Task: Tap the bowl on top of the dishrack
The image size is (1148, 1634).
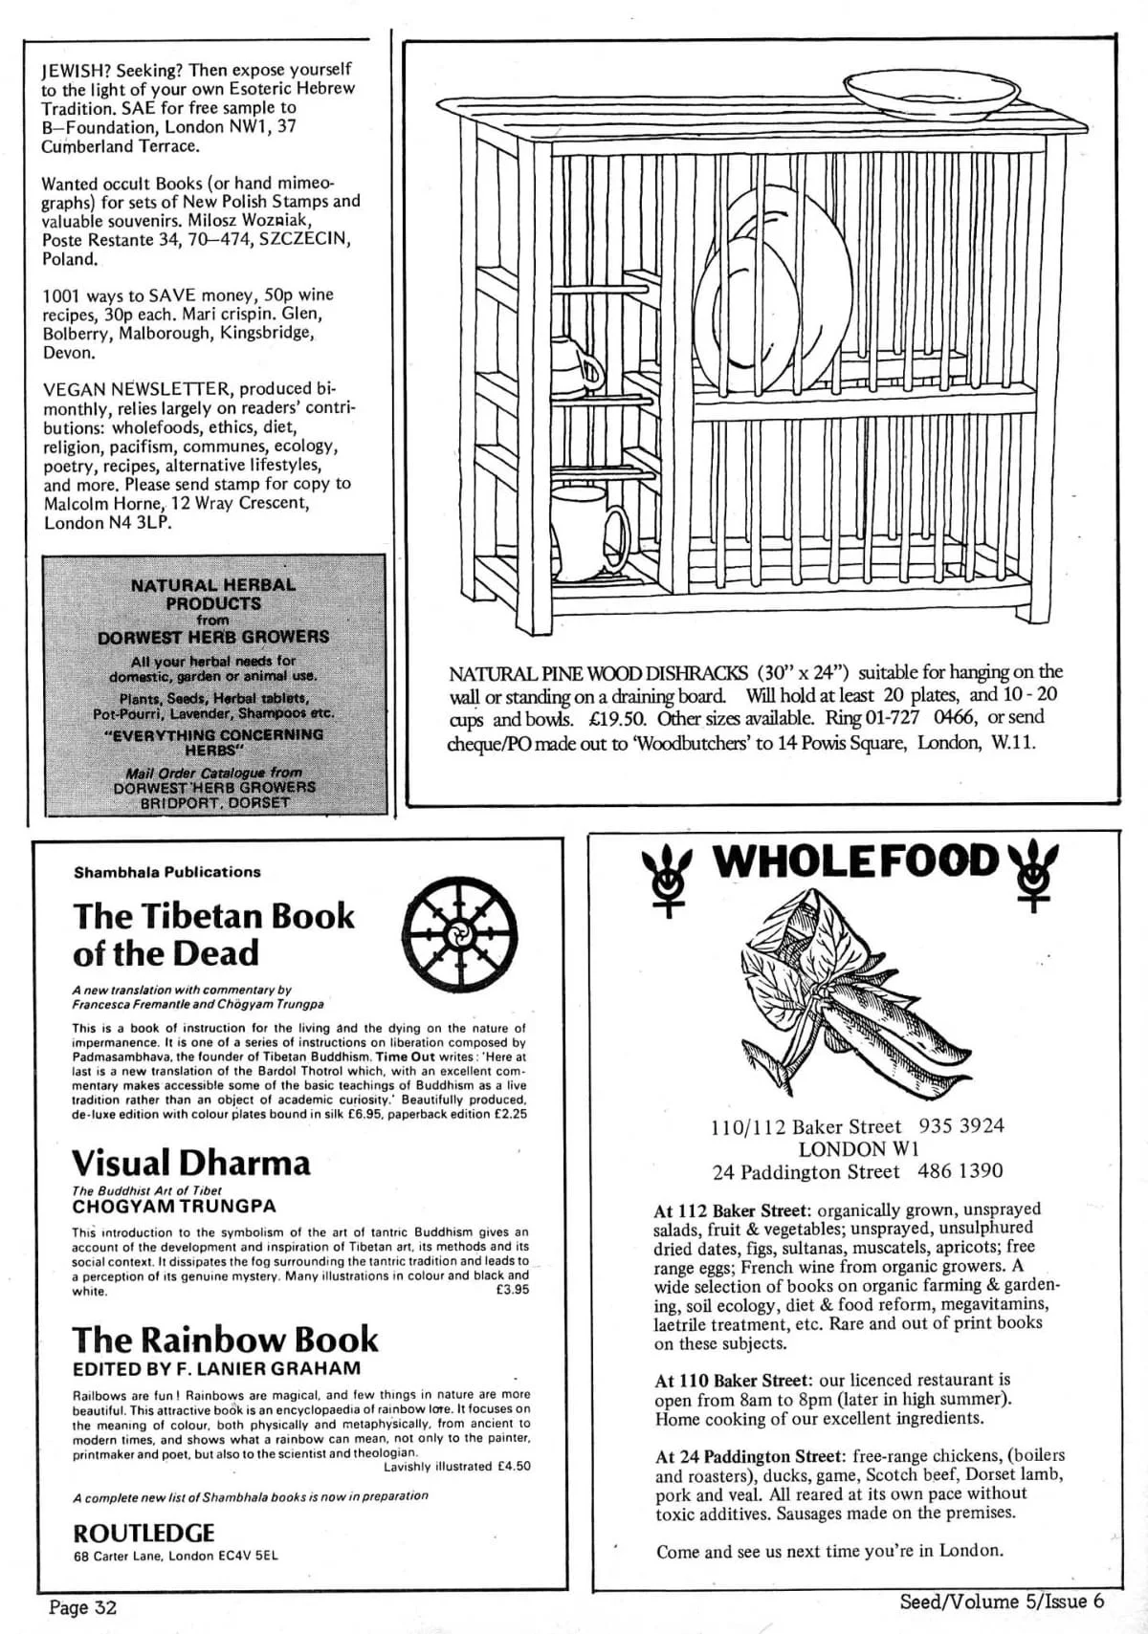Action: pos(931,96)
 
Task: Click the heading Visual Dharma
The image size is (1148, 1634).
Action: pos(191,1163)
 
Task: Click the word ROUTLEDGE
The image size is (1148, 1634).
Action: pos(143,1533)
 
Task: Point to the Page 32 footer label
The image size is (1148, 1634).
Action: pos(82,1606)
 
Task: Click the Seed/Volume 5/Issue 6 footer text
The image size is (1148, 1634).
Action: pos(1001,1601)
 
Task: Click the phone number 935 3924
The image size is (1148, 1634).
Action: pos(960,1126)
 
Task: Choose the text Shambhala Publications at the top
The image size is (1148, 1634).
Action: pos(166,872)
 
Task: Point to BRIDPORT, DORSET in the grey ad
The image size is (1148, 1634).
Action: pos(214,803)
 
